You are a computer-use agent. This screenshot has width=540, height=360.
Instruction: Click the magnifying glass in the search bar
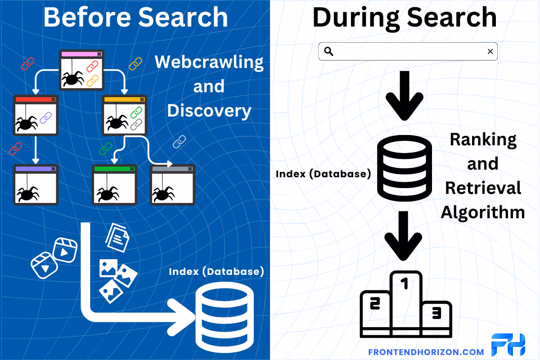328,51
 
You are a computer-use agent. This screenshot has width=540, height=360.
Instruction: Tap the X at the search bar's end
490,51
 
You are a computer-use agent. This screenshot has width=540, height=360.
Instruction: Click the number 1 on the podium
405,283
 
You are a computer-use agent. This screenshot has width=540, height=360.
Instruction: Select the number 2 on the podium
374,304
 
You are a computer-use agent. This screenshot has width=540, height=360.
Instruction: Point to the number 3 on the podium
436,313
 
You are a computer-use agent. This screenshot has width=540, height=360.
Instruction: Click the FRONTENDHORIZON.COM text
426,352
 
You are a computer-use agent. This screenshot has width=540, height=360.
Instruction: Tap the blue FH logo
508,346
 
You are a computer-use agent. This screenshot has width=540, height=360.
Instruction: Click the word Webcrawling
209,62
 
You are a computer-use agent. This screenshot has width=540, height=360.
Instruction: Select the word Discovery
209,110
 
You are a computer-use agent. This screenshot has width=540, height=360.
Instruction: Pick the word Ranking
482,139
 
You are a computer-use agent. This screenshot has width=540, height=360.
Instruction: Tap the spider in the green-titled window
106,194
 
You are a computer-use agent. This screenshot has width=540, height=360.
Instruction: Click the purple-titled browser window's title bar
35,169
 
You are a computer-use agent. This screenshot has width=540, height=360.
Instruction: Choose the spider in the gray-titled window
162,194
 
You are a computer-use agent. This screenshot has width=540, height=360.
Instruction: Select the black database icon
404,167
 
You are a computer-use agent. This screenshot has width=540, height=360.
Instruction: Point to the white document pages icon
117,237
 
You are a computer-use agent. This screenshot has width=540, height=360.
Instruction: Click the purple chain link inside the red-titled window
46,118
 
